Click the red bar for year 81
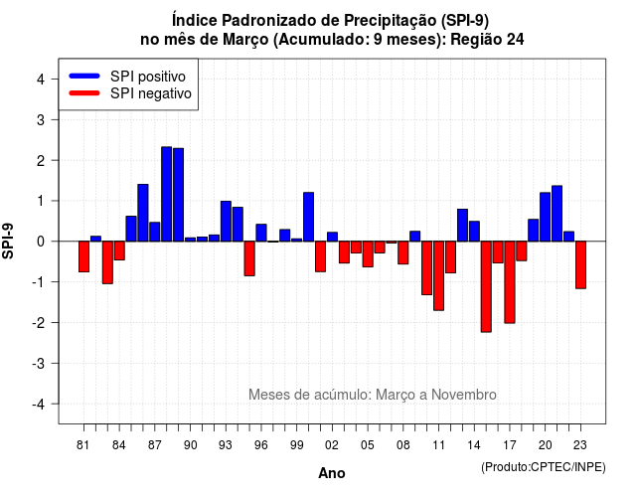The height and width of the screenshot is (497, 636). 83,256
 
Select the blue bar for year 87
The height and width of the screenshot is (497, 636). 155,232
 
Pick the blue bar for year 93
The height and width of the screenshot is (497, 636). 226,221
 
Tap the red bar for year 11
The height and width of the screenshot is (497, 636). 438,276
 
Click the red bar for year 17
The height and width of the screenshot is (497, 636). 510,282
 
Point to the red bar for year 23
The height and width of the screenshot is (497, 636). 580,265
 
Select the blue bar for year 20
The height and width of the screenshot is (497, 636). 546,217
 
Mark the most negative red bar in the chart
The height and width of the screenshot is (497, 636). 486,287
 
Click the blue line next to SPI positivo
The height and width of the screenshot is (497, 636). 84,76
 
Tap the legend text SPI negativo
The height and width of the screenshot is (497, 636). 151,93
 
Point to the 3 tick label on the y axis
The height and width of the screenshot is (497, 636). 41,120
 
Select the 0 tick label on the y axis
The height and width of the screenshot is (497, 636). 41,242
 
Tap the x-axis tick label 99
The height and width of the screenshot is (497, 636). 296,445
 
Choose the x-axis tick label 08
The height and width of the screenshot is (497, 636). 403,445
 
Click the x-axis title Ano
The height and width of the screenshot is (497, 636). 332,473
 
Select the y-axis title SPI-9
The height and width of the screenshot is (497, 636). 8,241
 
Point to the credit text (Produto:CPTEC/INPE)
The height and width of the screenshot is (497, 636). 544,467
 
